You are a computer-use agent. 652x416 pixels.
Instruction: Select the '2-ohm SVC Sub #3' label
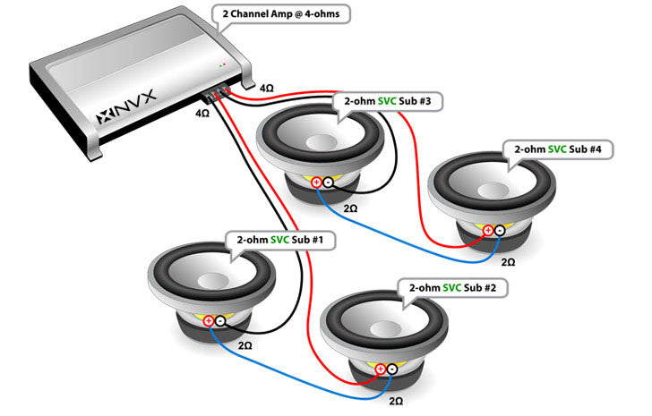[x=387, y=102]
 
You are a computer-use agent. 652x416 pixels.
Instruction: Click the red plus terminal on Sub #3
[x=316, y=183]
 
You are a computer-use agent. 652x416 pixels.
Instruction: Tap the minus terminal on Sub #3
[x=328, y=183]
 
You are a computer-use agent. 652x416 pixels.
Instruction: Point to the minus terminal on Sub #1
[x=220, y=320]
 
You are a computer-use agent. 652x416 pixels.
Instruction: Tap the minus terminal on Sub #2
[x=392, y=368]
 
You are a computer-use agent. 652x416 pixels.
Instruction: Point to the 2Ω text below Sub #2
[x=396, y=402]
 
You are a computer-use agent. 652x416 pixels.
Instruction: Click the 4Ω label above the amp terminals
[x=267, y=89]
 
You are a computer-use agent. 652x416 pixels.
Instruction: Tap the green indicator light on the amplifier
[x=220, y=66]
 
